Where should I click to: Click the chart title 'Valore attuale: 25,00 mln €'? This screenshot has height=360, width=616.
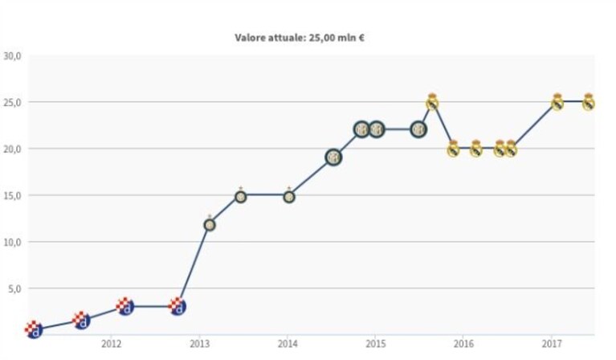pos(300,38)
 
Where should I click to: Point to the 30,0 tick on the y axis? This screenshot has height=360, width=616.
pos(12,56)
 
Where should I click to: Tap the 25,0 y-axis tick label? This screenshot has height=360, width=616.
pos(12,103)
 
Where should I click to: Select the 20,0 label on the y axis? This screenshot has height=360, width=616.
pos(12,149)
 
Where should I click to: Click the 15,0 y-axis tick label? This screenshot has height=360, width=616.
pos(12,196)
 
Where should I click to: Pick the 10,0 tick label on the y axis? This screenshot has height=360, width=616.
pos(12,242)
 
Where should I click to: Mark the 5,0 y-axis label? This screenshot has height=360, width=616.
pos(14,288)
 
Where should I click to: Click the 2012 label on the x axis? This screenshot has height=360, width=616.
pos(112,344)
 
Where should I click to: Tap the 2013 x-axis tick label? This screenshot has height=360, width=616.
pos(199,344)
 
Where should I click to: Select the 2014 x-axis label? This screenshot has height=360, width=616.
pos(288,344)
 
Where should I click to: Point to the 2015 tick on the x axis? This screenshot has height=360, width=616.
pos(376,344)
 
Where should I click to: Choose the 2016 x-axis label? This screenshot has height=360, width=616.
pos(463,344)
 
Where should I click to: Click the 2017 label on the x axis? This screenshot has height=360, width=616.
pos(552,344)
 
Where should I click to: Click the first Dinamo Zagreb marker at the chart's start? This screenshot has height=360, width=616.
pos(34,329)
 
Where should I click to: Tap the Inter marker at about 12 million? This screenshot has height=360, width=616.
pos(210,224)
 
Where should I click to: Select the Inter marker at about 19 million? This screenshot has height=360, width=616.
pos(333,157)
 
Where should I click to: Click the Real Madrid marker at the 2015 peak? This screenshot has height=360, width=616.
pos(432,102)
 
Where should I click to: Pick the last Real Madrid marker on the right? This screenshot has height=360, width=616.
pos(588,102)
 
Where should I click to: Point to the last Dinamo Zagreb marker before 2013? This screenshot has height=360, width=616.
pos(177,306)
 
